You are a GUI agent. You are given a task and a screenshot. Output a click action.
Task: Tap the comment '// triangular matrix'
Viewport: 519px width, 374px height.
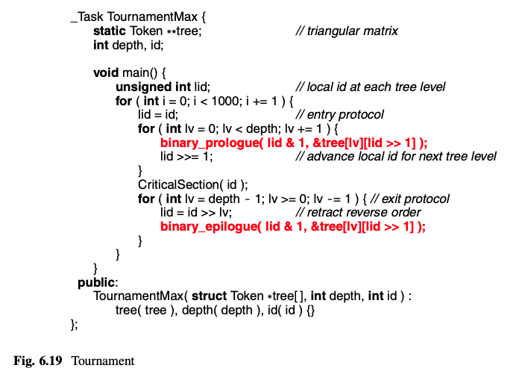click(x=346, y=31)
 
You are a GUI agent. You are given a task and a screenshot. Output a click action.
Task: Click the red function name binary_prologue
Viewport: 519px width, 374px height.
click(x=208, y=143)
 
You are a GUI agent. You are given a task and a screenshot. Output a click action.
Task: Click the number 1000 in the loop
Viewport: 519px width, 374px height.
click(x=227, y=101)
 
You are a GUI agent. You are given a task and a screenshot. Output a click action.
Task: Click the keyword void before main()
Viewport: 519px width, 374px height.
click(x=107, y=72)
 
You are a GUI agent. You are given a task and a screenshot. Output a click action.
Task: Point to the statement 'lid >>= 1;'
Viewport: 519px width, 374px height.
click(x=187, y=157)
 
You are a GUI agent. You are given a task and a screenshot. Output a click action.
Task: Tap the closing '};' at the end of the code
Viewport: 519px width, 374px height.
click(x=73, y=325)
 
